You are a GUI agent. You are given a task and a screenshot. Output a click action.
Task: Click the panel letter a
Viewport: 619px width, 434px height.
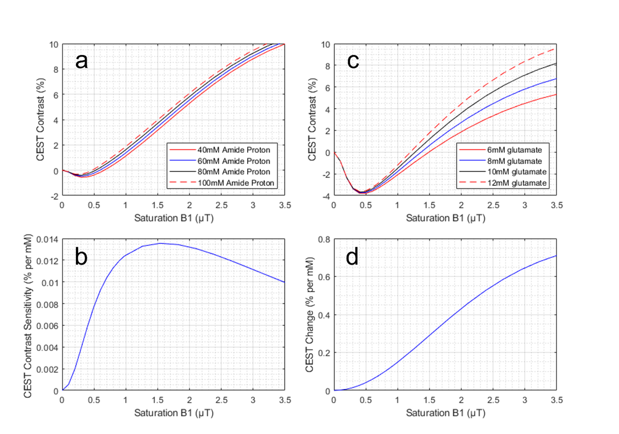81,61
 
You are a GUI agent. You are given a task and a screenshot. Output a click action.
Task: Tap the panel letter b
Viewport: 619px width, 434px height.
81,257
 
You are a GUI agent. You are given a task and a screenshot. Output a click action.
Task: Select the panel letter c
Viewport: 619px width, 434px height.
353,61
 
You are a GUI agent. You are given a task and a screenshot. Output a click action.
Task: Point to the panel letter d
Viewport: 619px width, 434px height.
352,257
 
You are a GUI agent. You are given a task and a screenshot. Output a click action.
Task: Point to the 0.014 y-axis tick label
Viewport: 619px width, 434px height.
47,239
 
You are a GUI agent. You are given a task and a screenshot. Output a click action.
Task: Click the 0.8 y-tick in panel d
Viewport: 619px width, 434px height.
324,239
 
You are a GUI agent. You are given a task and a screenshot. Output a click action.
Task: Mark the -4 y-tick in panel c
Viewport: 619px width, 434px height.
325,196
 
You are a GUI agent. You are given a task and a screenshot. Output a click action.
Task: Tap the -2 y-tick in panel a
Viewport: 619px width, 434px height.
54,196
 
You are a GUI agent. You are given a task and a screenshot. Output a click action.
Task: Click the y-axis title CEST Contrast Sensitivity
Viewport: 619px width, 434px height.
28,316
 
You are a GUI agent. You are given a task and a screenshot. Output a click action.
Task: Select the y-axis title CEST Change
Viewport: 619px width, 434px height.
309,314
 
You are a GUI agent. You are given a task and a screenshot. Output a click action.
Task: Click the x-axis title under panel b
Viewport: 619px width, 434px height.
174,413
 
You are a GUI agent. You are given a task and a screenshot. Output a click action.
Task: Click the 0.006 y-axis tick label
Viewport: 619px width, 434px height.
47,326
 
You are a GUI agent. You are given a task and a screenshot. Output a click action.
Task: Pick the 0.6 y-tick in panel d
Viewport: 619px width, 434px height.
324,277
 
